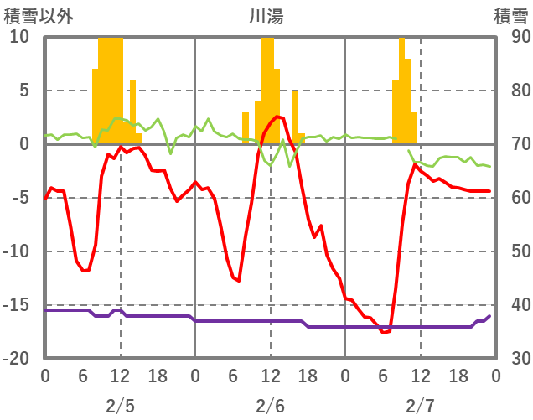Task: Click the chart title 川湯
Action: [x=266, y=16]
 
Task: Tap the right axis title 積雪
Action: [x=510, y=16]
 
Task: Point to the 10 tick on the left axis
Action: [x=19, y=37]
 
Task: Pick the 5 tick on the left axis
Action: [x=23, y=91]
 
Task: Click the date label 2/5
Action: [x=120, y=406]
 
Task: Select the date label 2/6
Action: [x=270, y=406]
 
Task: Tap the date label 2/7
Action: [x=421, y=406]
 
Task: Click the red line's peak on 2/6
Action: [x=277, y=117]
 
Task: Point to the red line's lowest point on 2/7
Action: [x=383, y=333]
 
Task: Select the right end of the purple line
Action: [x=489, y=316]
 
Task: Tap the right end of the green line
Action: [x=489, y=167]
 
